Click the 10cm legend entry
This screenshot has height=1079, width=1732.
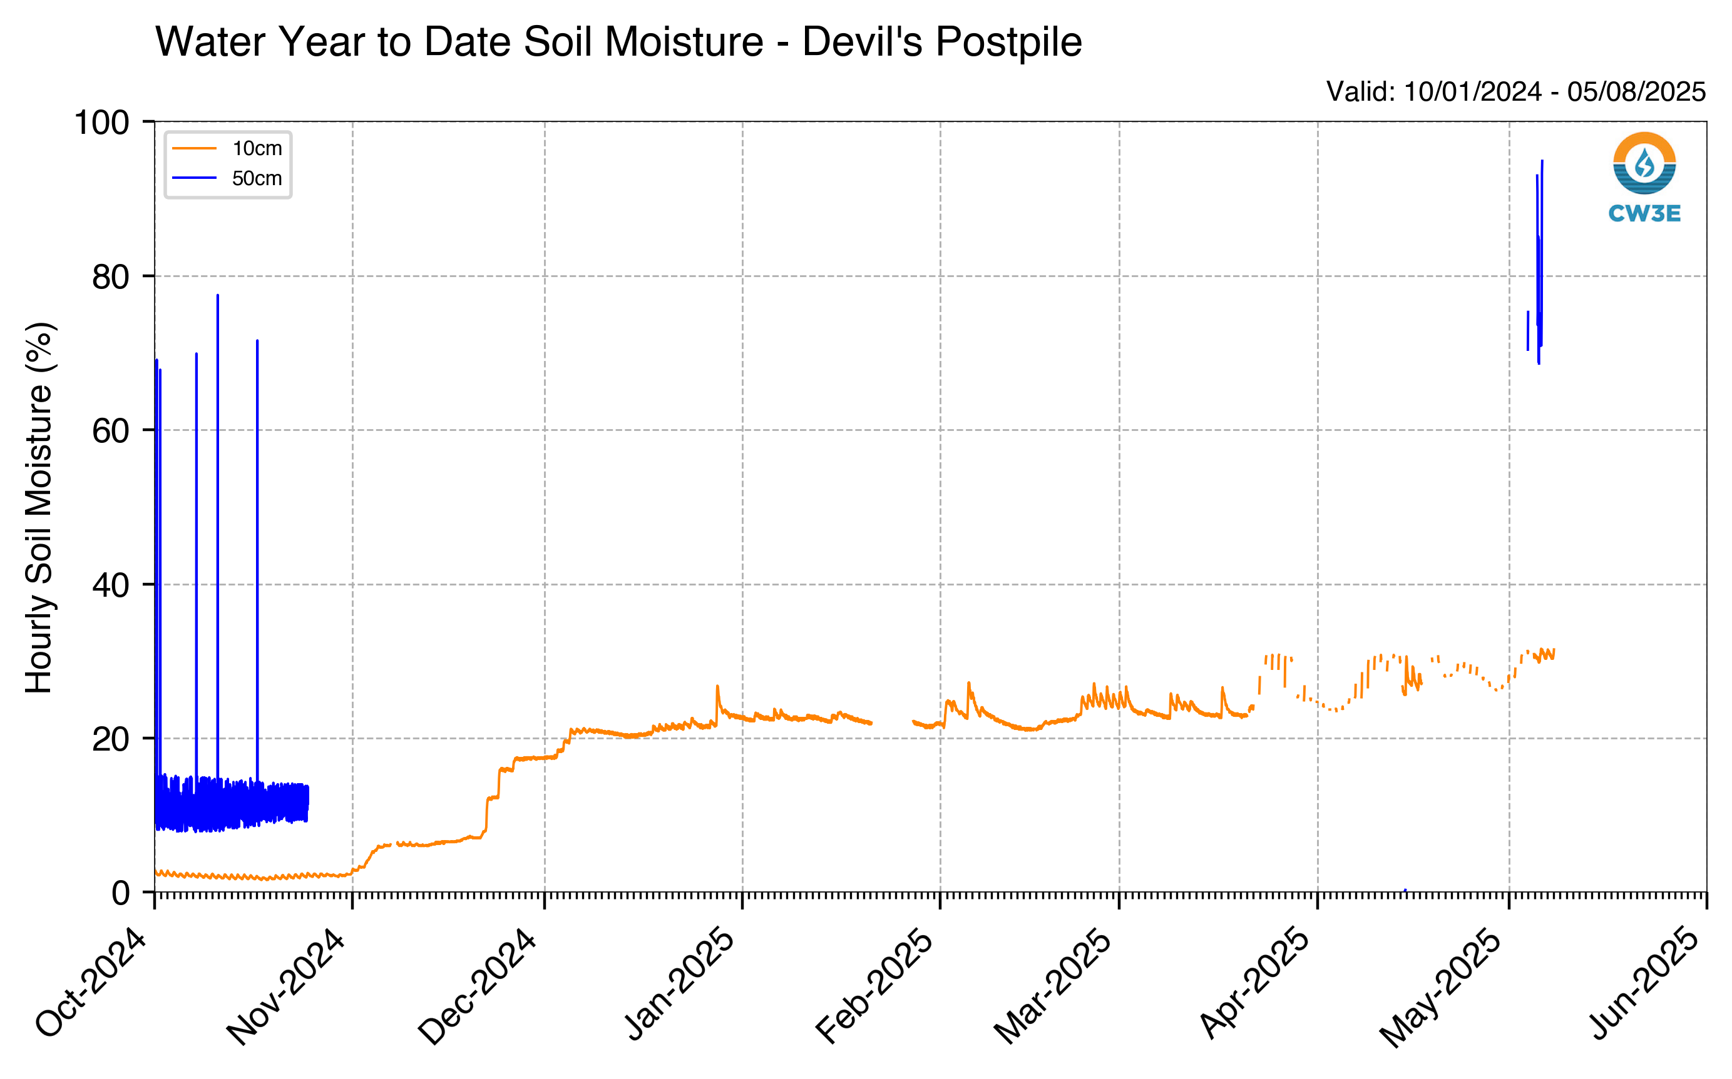pos(227,148)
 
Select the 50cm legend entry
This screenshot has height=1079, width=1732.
pos(227,178)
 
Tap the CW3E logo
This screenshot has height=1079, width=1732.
pos(1644,178)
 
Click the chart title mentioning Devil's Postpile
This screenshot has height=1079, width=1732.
pos(618,41)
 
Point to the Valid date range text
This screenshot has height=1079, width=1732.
pos(1515,92)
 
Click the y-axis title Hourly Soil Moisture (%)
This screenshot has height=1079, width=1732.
pos(39,507)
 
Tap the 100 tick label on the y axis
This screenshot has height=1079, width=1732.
pos(101,122)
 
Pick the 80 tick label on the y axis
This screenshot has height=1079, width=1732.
pos(111,276)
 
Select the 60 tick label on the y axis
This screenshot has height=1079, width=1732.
pos(111,430)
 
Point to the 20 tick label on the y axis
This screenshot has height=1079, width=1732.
pos(111,739)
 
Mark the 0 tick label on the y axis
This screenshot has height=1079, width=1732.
pos(121,893)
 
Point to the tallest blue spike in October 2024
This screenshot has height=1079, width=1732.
pos(218,295)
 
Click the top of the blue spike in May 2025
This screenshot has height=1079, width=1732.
pos(1542,161)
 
